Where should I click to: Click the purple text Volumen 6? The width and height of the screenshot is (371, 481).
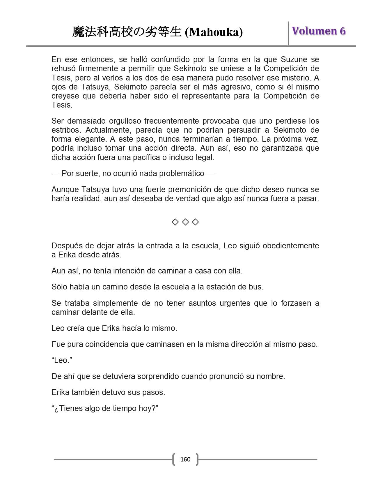click(319, 31)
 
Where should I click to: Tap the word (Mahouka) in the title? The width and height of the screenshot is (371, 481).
click(214, 32)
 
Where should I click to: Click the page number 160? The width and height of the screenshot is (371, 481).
click(185, 459)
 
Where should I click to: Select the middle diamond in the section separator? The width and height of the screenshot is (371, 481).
click(185, 222)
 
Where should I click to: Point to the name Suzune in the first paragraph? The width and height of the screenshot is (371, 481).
click(294, 59)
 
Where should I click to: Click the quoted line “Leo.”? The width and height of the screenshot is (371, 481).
click(62, 360)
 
